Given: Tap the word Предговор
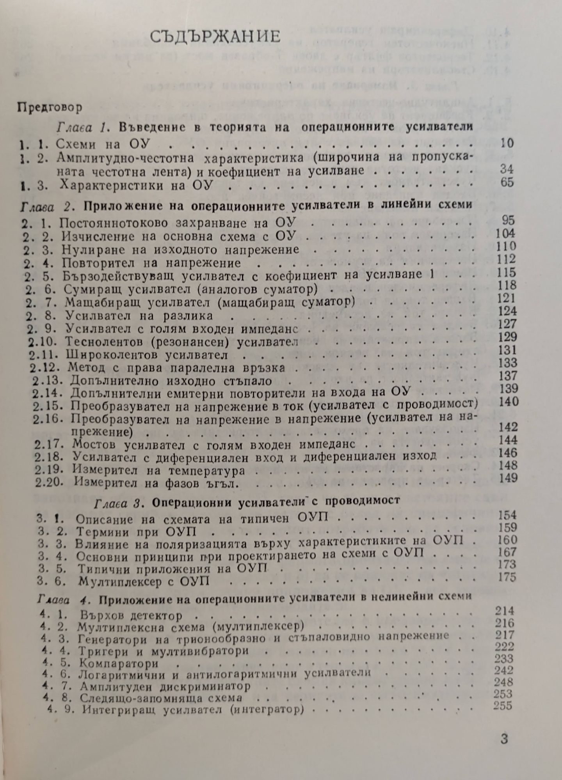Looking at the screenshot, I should (50, 108).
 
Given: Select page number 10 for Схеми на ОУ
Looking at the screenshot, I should (507, 143).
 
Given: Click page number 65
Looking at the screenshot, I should (507, 182).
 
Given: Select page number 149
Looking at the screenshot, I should (508, 478).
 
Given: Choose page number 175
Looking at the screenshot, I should (507, 577).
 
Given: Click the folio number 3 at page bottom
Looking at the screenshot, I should (504, 739).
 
